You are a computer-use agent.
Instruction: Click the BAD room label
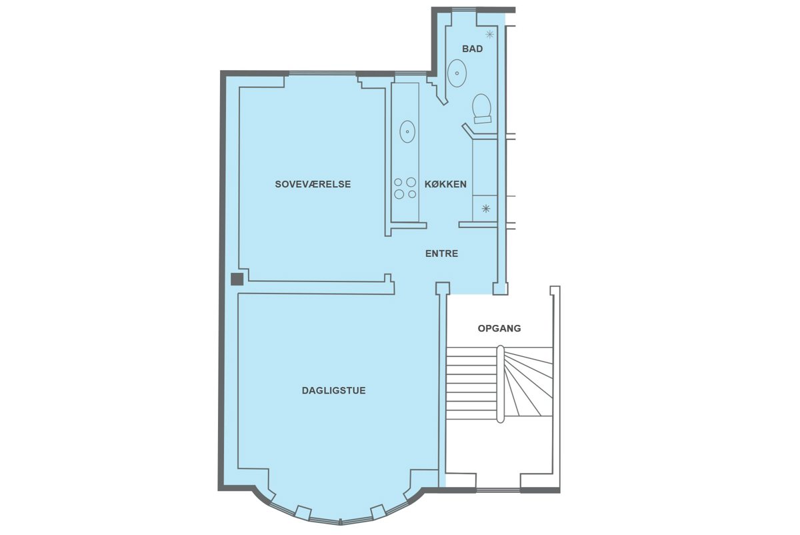click(472, 49)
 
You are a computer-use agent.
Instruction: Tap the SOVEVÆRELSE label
click(313, 184)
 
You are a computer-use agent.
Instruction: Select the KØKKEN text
click(445, 184)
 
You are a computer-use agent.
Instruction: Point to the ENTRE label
click(441, 253)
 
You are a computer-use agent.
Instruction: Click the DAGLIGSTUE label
click(333, 390)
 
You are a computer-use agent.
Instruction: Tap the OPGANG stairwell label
click(499, 328)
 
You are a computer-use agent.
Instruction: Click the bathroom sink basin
click(457, 73)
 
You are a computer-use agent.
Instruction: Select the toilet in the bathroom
click(482, 109)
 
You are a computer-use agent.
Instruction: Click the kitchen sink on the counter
click(407, 131)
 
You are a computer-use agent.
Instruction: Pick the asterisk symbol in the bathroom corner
click(489, 34)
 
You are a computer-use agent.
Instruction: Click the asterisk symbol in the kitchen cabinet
click(486, 208)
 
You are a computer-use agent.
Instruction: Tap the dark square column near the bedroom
click(237, 279)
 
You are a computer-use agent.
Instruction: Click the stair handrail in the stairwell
click(501, 384)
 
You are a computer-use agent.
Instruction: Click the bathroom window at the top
click(464, 10)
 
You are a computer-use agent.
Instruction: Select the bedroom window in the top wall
click(323, 74)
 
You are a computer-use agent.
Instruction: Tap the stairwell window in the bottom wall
click(498, 490)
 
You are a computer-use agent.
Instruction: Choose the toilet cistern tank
click(483, 120)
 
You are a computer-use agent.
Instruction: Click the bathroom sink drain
click(457, 73)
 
